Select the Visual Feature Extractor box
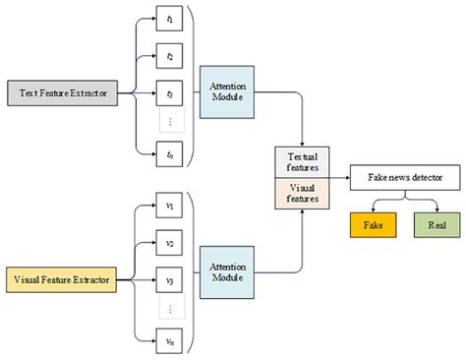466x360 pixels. tap(61, 280)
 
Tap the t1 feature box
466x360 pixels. tap(170, 20)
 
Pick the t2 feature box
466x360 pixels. tap(170, 57)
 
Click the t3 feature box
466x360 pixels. tap(170, 94)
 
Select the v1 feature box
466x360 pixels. tap(170, 207)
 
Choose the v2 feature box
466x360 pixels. tap(170, 243)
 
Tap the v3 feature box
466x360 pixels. tap(170, 280)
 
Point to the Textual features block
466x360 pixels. tap(301, 162)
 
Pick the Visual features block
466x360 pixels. tap(301, 191)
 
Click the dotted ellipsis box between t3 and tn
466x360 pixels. tap(170, 123)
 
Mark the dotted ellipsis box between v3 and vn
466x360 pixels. tap(170, 309)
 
